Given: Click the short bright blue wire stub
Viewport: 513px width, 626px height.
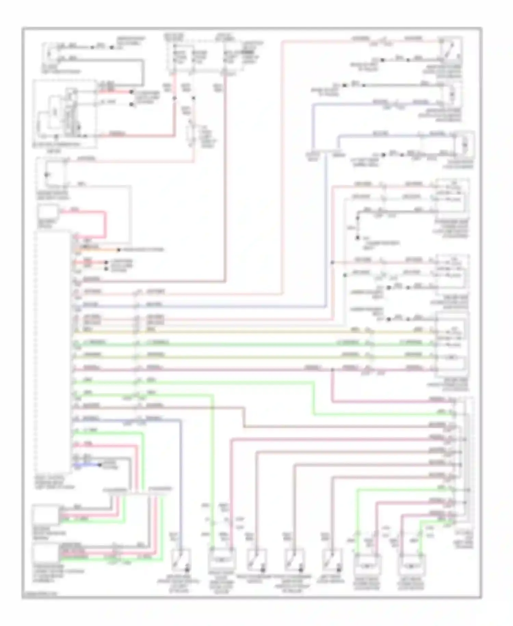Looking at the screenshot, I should pyautogui.click(x=85, y=465).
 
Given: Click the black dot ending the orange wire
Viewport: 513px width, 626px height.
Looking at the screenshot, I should pyautogui.click(x=119, y=250).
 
